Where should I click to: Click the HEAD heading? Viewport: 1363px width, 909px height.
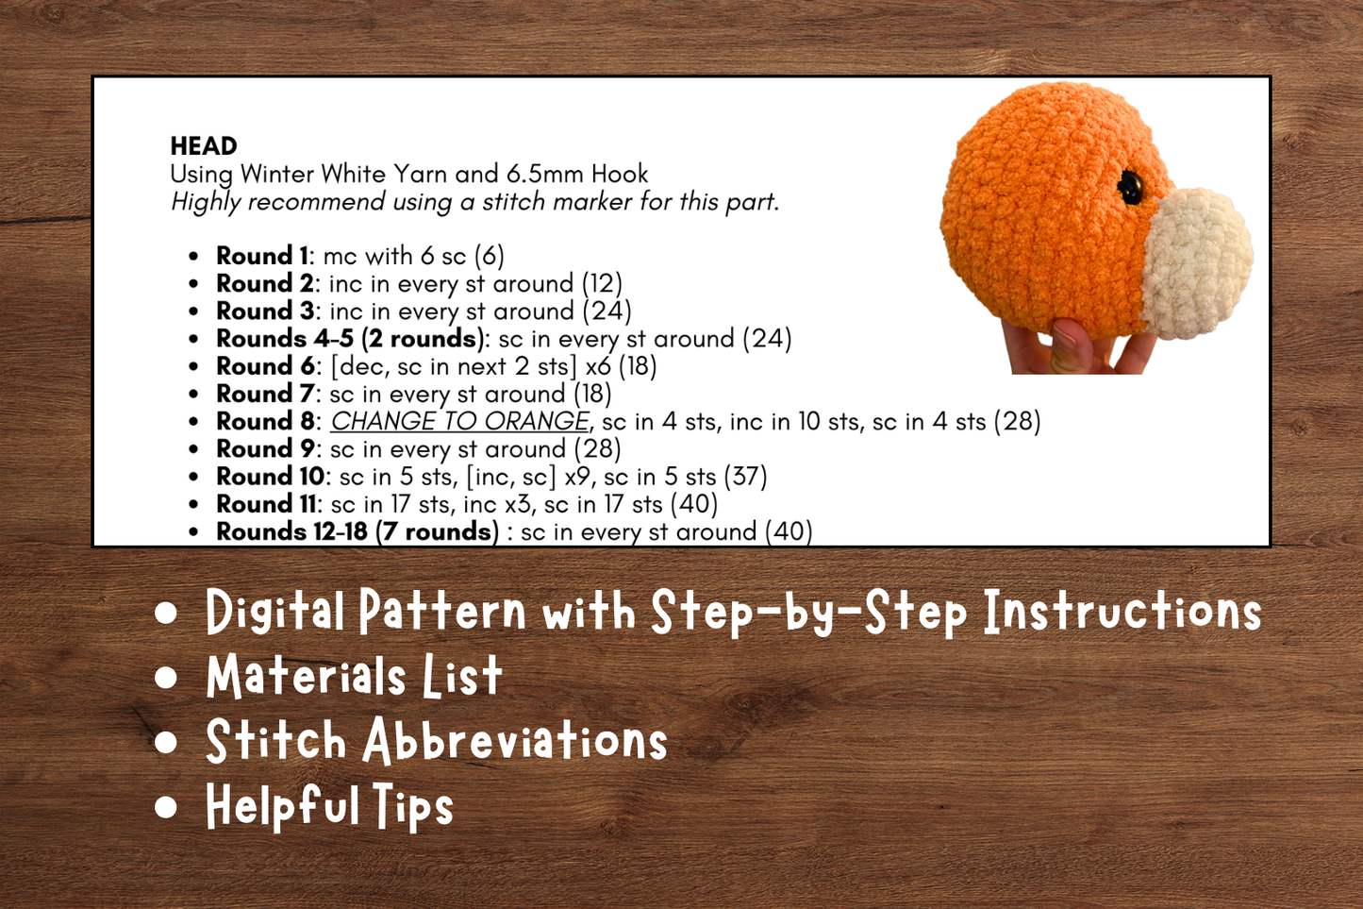[204, 146]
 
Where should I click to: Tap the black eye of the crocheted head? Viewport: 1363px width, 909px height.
[1129, 187]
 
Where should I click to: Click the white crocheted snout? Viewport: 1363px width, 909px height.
[1197, 261]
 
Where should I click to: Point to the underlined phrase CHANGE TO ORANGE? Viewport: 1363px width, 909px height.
[459, 421]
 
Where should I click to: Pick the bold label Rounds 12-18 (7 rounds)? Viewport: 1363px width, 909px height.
[357, 531]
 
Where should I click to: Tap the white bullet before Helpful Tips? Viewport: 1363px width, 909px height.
[167, 807]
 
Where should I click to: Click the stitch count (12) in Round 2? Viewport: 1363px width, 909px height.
[601, 283]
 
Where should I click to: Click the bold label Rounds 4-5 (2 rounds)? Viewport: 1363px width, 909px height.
[350, 339]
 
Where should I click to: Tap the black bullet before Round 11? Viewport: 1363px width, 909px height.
[193, 505]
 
